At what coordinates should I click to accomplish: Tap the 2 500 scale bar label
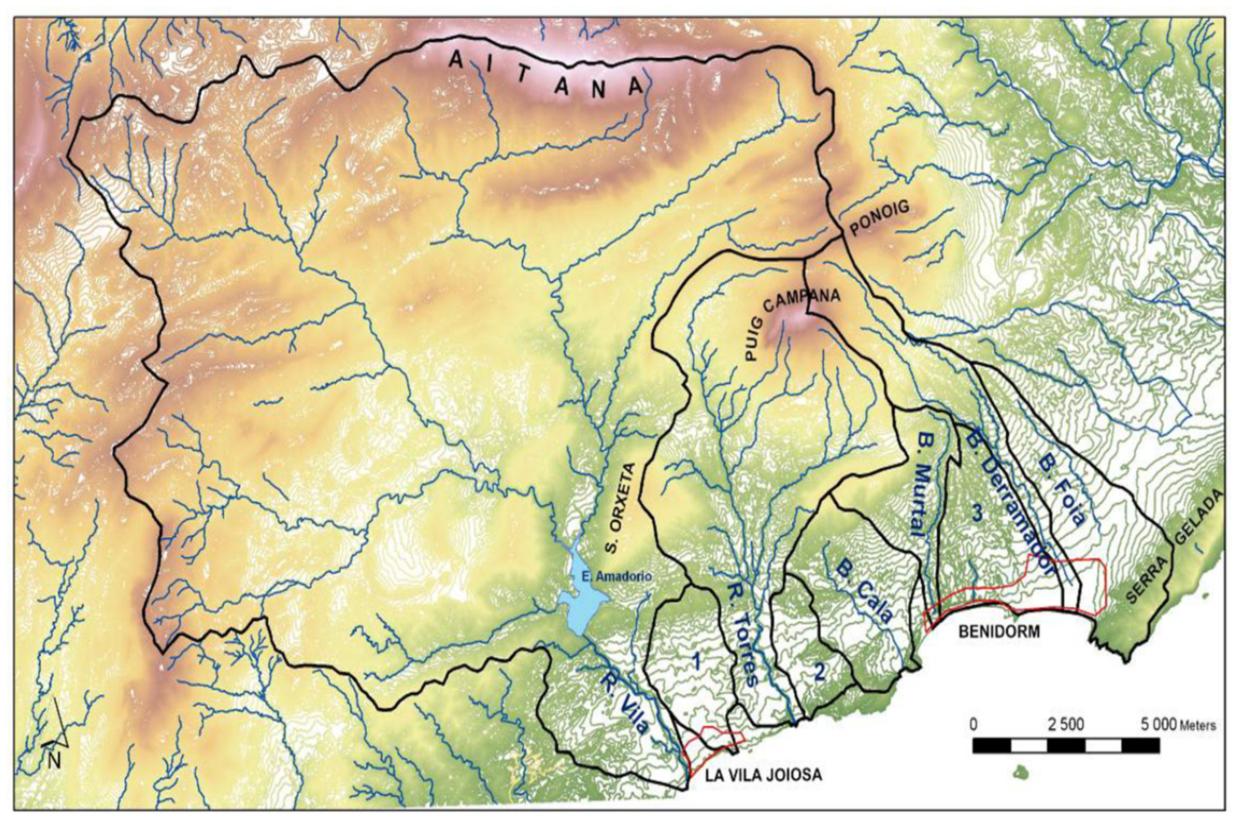(1065, 724)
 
